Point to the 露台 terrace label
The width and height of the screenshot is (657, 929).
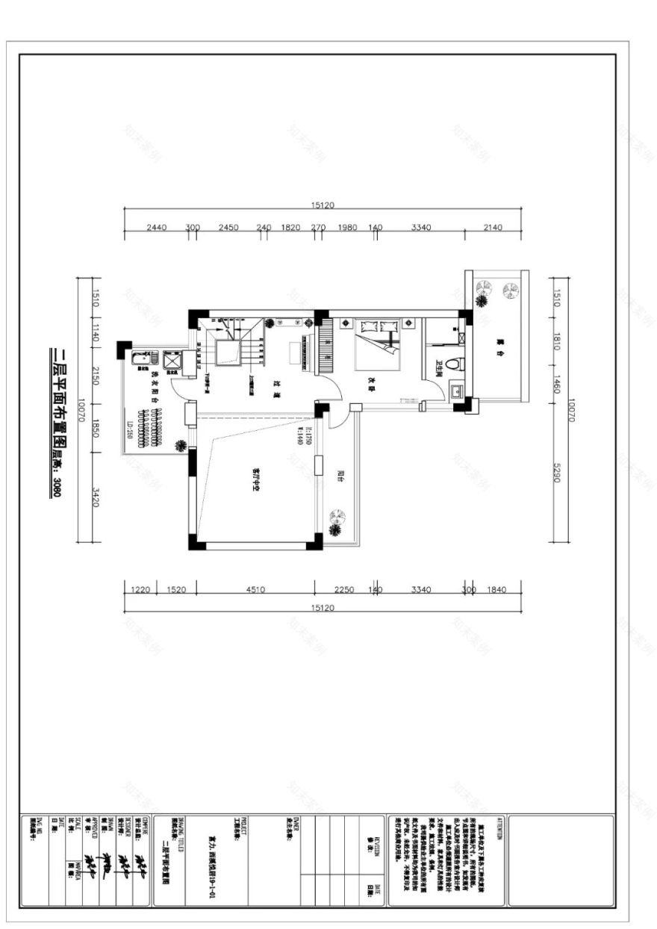pos(498,344)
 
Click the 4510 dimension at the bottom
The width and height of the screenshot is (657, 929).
pos(255,589)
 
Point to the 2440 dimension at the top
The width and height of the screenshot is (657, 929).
pos(157,227)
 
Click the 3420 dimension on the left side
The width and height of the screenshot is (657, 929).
pos(95,497)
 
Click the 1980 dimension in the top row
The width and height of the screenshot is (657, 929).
pos(347,227)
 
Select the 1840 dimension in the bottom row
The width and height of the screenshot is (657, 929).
pos(496,589)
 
